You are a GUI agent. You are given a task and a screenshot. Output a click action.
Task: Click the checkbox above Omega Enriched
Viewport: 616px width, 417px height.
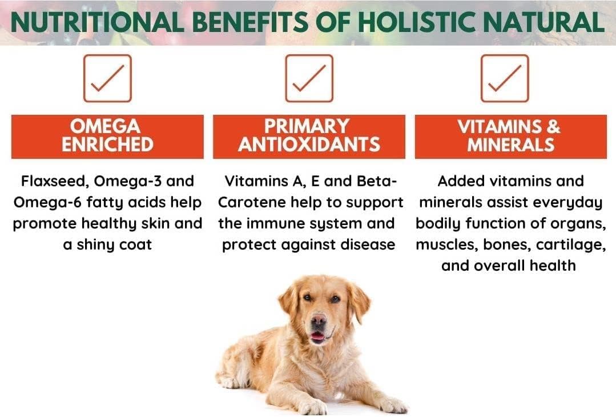point(107,78)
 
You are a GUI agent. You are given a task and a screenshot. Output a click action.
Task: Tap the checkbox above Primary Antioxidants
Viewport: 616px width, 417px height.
point(309,78)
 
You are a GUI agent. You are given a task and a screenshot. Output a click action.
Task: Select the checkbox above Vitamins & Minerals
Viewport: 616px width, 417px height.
point(505,78)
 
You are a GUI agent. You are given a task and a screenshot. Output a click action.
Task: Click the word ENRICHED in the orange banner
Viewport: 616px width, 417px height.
point(107,145)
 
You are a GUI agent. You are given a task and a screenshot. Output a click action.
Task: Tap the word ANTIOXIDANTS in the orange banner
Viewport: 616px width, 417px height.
point(309,145)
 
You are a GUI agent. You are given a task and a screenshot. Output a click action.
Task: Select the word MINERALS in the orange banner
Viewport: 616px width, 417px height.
point(510,145)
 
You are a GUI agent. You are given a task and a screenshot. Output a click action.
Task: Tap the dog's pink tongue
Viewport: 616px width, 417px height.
point(317,336)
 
